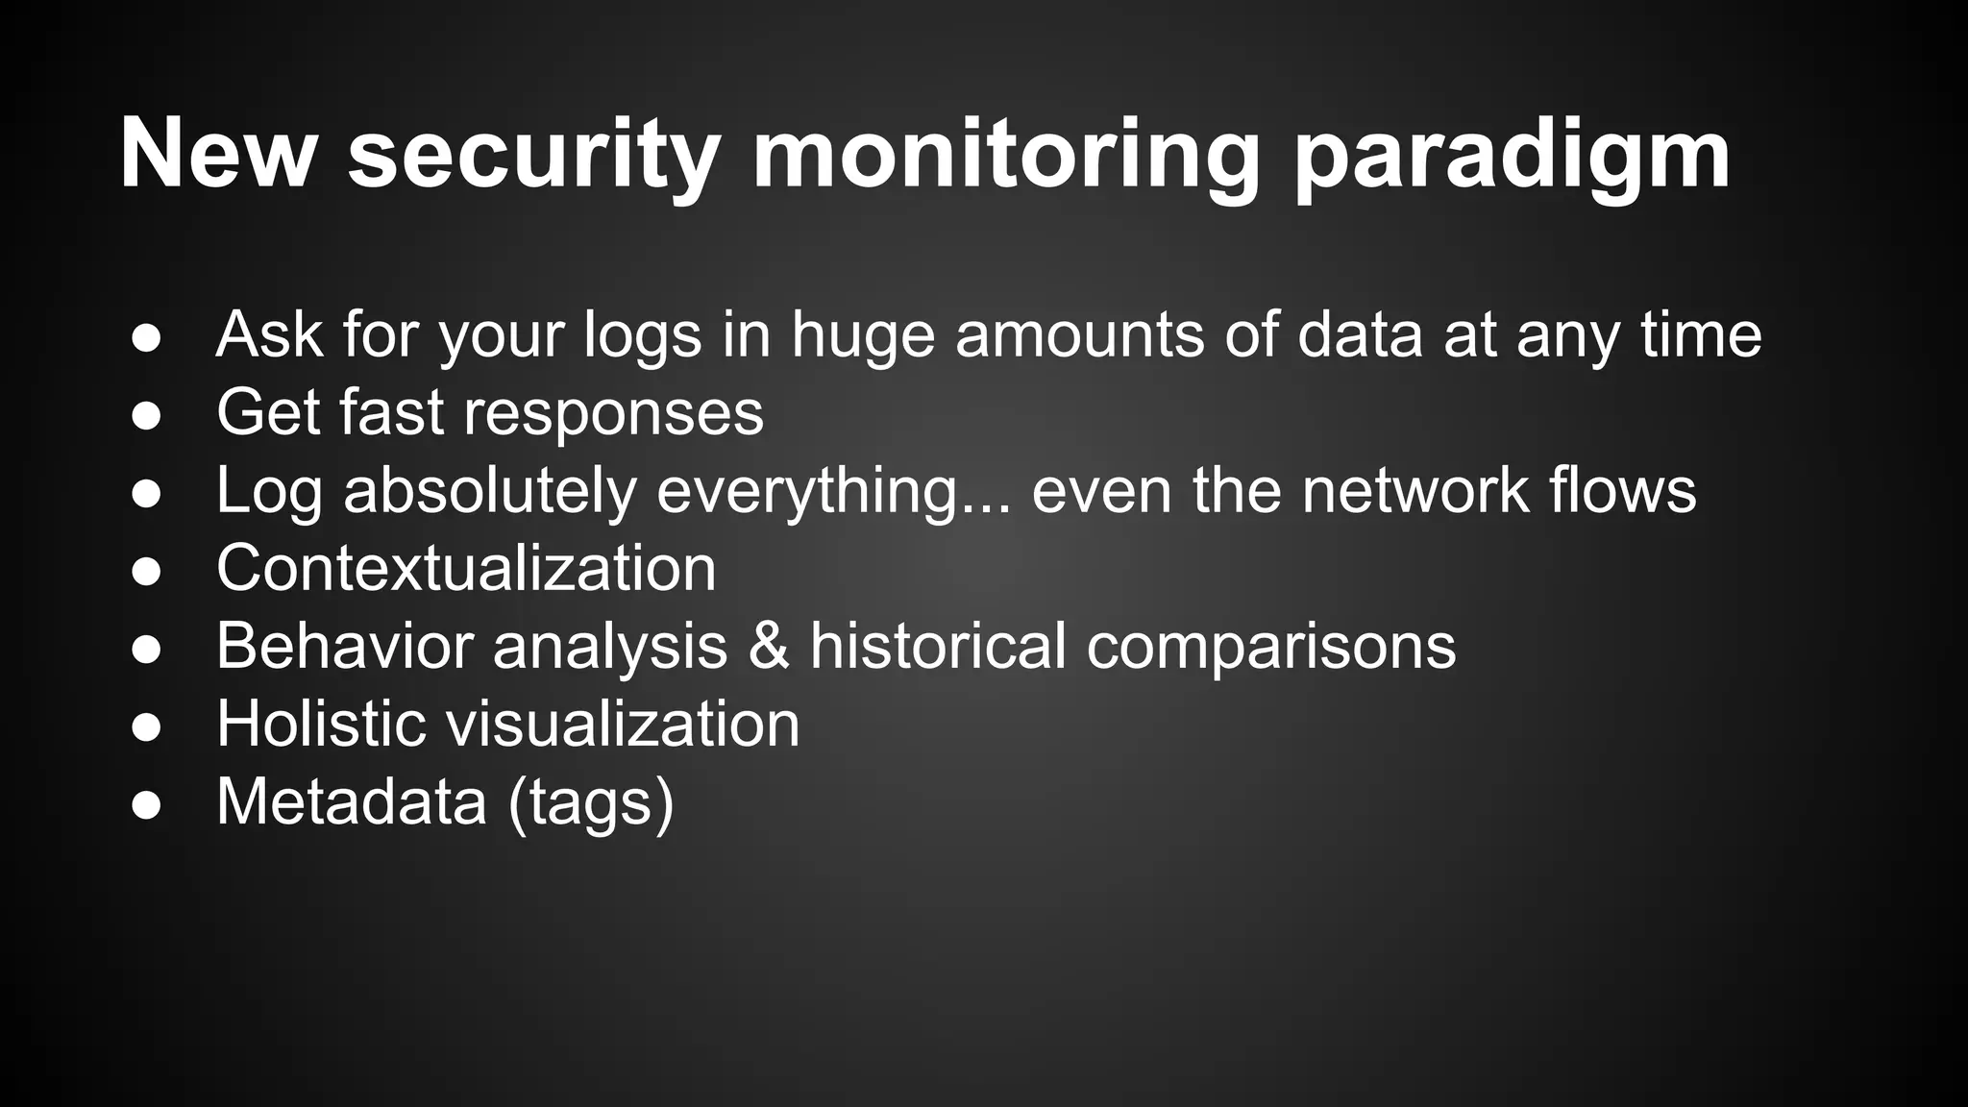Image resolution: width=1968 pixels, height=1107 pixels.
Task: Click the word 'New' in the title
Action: (x=217, y=154)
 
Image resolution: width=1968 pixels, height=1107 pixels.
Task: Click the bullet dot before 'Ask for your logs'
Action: (x=146, y=337)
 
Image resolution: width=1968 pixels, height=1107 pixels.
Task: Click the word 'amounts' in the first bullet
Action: (x=1079, y=335)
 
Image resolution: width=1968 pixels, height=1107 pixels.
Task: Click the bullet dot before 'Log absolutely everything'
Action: (x=146, y=493)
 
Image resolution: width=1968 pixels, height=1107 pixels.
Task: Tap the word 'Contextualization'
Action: (x=466, y=568)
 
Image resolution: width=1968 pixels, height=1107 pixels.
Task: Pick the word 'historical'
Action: (x=938, y=645)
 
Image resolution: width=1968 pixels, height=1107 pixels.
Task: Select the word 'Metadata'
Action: (x=352, y=801)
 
